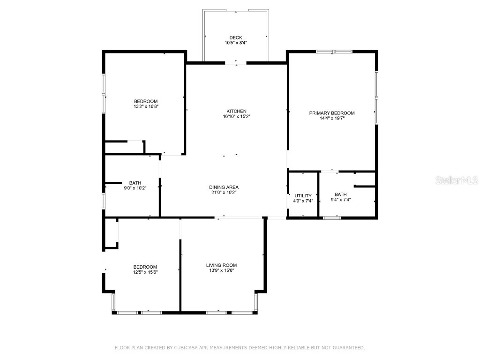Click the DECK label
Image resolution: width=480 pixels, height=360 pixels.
tap(235, 37)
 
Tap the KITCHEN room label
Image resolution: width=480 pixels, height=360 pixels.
tap(236, 111)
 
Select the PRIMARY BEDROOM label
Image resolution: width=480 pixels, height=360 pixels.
tap(332, 113)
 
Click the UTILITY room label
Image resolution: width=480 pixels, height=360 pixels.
tap(303, 195)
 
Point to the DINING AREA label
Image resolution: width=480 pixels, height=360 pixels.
tap(224, 187)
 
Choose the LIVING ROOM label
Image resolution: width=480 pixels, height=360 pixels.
tap(221, 265)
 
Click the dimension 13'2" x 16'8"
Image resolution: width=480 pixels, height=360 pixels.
tap(146, 106)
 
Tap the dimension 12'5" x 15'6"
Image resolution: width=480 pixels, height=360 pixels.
tap(145, 272)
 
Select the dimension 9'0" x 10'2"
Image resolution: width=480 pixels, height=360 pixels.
tap(135, 188)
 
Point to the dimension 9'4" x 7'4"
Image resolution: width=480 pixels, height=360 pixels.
tap(341, 200)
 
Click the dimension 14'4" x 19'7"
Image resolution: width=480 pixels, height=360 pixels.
tap(332, 118)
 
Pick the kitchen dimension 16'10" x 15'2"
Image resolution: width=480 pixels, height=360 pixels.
tap(236, 116)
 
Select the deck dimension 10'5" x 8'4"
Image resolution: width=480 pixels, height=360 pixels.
tap(235, 43)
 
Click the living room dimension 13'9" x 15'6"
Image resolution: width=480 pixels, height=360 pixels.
tap(221, 270)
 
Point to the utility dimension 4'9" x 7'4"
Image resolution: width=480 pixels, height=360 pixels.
tap(303, 201)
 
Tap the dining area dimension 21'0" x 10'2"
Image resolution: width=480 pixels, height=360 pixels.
tap(224, 192)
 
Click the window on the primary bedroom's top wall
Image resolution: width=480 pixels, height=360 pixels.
tap(334, 52)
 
